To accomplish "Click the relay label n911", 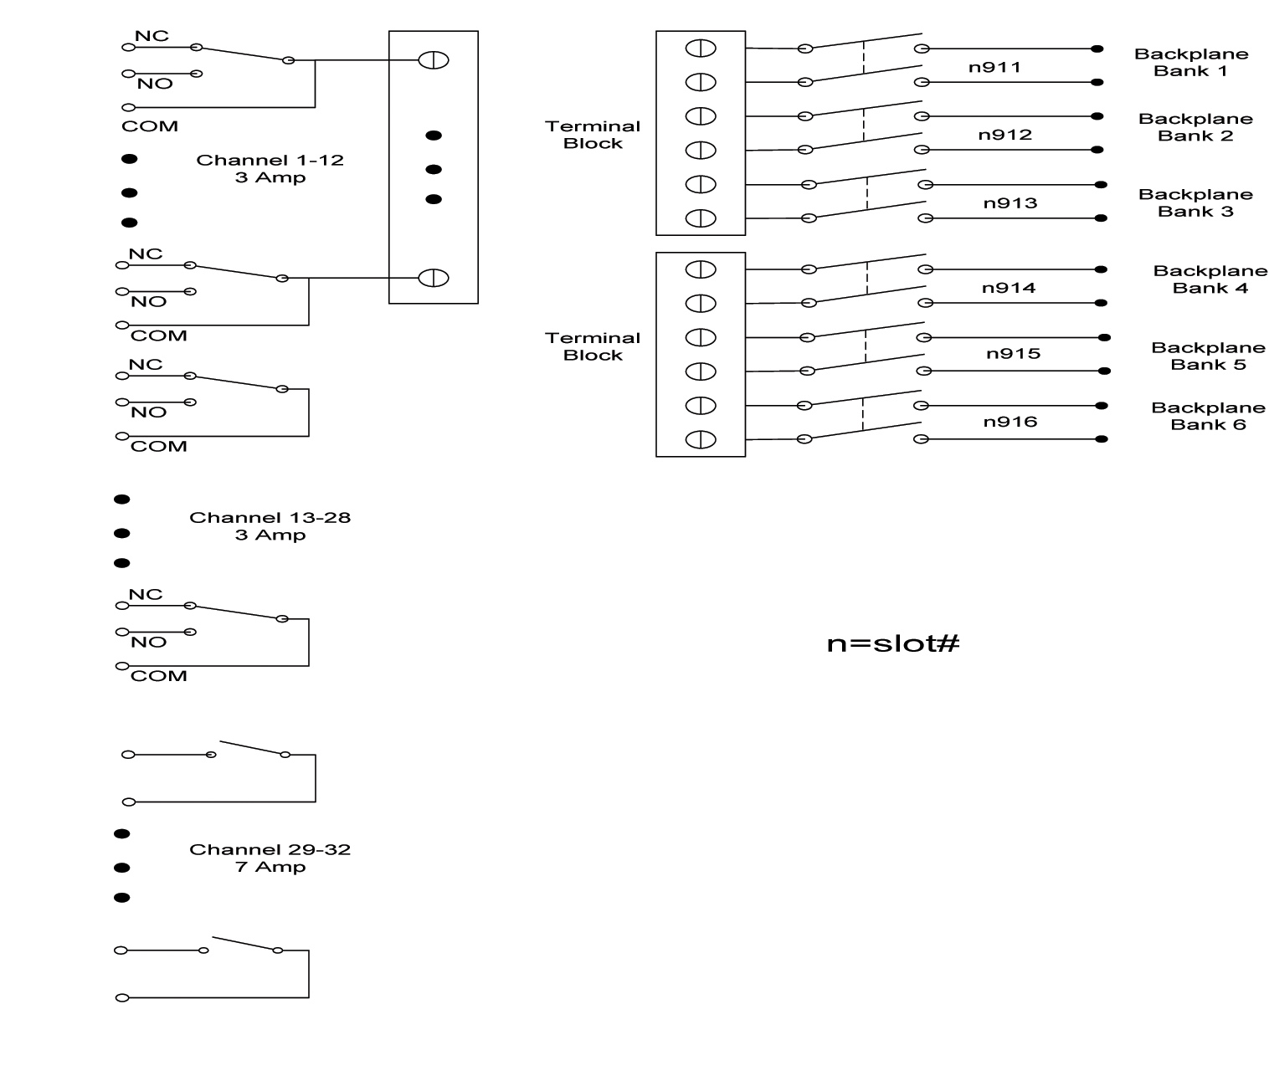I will (x=994, y=67).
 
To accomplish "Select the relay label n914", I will (x=1009, y=288).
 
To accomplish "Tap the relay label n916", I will (x=1010, y=422).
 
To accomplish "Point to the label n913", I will (x=1010, y=203).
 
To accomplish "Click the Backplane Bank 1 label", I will (x=1190, y=63).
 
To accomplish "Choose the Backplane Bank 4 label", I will (x=1210, y=279).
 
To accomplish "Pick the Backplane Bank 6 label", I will (x=1208, y=417).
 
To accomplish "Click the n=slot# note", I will (x=892, y=643).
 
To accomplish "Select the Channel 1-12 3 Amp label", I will (x=270, y=168).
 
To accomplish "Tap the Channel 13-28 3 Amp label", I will (x=270, y=526).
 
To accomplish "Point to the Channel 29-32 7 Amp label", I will (x=270, y=858).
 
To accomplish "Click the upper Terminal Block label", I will (x=593, y=135).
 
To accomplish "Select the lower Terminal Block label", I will (x=593, y=346).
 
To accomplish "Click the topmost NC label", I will (x=152, y=36).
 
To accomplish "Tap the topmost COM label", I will (x=150, y=126).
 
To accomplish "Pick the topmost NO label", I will (x=155, y=84).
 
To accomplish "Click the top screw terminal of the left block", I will (x=434, y=60).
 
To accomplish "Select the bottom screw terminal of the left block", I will (x=434, y=278).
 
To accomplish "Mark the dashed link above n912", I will (x=863, y=125).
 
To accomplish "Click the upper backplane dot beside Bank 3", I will (x=1101, y=185).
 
